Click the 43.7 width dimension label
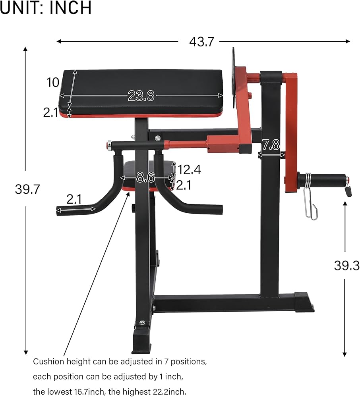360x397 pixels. pos(202,42)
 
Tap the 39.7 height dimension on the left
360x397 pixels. pos(27,189)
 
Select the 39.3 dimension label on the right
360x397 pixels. pos(346,266)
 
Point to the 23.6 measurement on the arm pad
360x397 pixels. pos(141,96)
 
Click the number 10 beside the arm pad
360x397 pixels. pos(53,82)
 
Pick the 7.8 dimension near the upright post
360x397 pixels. pos(271,145)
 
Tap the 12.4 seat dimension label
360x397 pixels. pos(189,170)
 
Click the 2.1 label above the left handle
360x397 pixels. pos(74,199)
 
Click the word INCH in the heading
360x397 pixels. pos(70,8)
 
